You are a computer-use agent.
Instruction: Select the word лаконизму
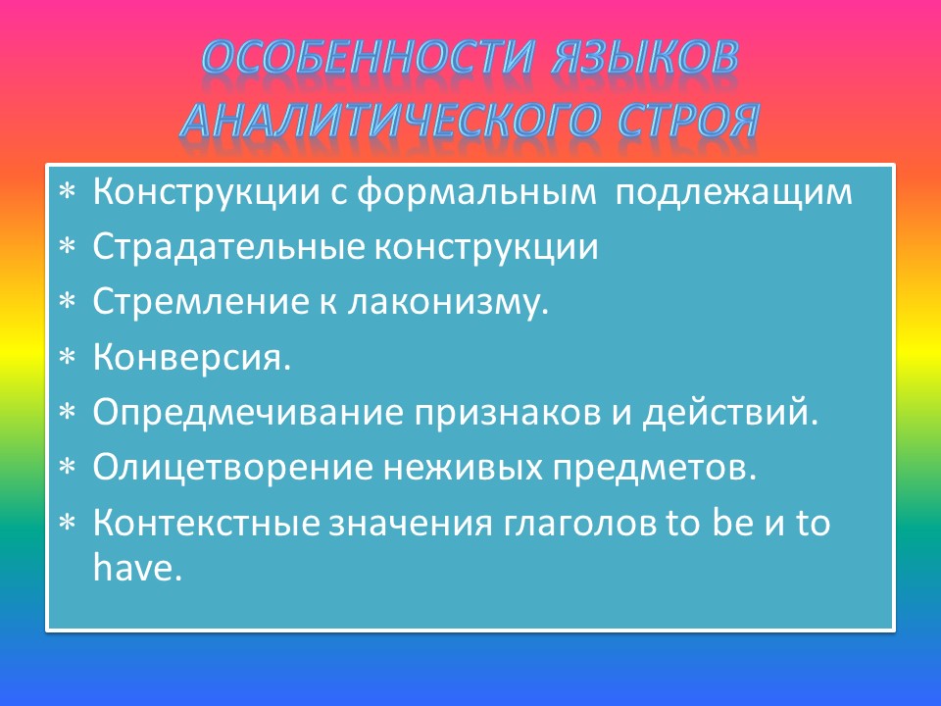coord(447,302)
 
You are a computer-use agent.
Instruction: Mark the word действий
coord(729,413)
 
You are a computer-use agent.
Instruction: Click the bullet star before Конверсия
coord(68,359)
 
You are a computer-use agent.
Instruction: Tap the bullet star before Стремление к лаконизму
coord(68,304)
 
